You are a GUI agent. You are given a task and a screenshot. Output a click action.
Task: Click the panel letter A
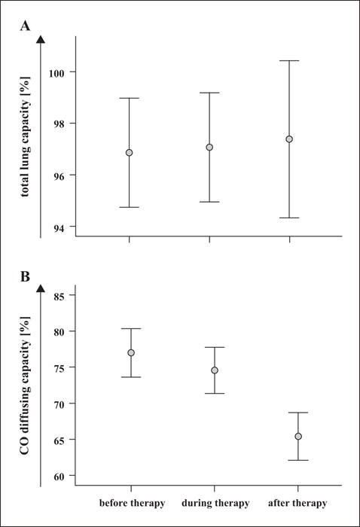[x=25, y=26]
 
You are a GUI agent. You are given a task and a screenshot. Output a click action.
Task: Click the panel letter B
[x=25, y=276]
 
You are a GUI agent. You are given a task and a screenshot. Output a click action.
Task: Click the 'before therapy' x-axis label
[x=132, y=503]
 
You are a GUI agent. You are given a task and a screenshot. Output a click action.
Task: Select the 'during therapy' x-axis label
[x=215, y=503]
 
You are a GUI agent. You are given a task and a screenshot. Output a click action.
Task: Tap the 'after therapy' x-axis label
[x=297, y=503]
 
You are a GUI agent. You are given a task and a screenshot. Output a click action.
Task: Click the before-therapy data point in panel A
[x=129, y=153]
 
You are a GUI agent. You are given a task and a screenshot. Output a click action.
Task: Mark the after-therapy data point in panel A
[x=289, y=139]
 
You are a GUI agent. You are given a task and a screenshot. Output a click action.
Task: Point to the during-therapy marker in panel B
[x=215, y=370]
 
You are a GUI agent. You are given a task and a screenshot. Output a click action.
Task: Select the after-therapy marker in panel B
[x=298, y=436]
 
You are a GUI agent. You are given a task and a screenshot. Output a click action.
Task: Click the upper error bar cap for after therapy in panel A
[x=289, y=61]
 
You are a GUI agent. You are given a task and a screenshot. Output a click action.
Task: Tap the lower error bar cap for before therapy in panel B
[x=131, y=377]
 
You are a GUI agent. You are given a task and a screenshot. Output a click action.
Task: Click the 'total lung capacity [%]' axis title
[x=25, y=136]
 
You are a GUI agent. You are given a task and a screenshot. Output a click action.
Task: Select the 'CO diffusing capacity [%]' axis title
[x=25, y=385]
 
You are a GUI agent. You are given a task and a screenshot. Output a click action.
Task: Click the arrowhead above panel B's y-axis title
[x=41, y=288]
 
